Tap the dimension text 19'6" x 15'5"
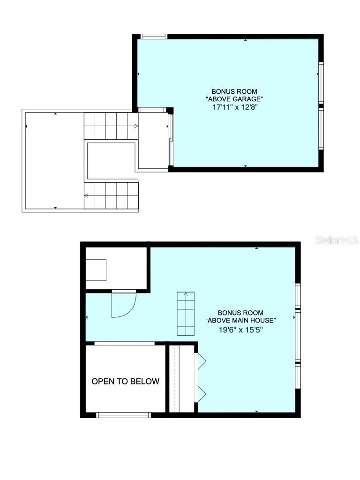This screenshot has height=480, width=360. click(240, 329)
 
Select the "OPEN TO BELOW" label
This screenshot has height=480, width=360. click(125, 381)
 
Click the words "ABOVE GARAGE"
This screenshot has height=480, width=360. click(234, 99)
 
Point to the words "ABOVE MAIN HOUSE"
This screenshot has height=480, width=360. click(240, 321)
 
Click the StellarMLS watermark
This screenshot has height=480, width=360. click(337, 240)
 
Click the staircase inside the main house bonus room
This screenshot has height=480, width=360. click(186, 314)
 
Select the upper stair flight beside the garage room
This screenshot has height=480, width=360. click(111, 126)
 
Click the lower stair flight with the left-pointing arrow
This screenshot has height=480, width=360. click(112, 195)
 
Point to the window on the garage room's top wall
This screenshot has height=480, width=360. click(154, 36)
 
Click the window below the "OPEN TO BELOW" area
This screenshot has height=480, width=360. click(123, 415)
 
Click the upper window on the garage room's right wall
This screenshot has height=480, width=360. click(321, 82)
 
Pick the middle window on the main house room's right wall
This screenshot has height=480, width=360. click(298, 335)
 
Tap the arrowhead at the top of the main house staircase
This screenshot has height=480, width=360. click(186, 295)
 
